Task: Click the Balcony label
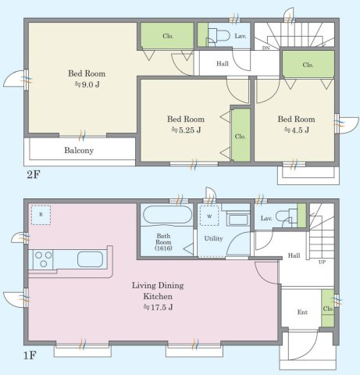coord(79,150)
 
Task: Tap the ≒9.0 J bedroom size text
coord(87,84)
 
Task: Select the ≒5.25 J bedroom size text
coord(186,130)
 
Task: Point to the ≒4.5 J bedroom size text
coord(296,130)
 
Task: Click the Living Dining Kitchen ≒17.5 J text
coord(158,296)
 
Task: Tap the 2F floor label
coord(33,174)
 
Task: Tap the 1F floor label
coord(30,355)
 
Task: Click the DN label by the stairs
coord(266,48)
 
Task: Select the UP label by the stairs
coord(322,262)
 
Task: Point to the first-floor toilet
coord(287,216)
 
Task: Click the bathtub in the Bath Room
coord(167,215)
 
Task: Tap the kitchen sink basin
coord(90,259)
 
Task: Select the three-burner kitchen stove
coord(43,259)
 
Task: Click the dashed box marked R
coord(41,215)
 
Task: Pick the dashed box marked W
coord(209,216)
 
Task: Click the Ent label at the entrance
coord(302,312)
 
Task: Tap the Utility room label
coord(213,238)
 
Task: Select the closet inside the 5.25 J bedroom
coord(241,135)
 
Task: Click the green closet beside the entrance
coord(328,308)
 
